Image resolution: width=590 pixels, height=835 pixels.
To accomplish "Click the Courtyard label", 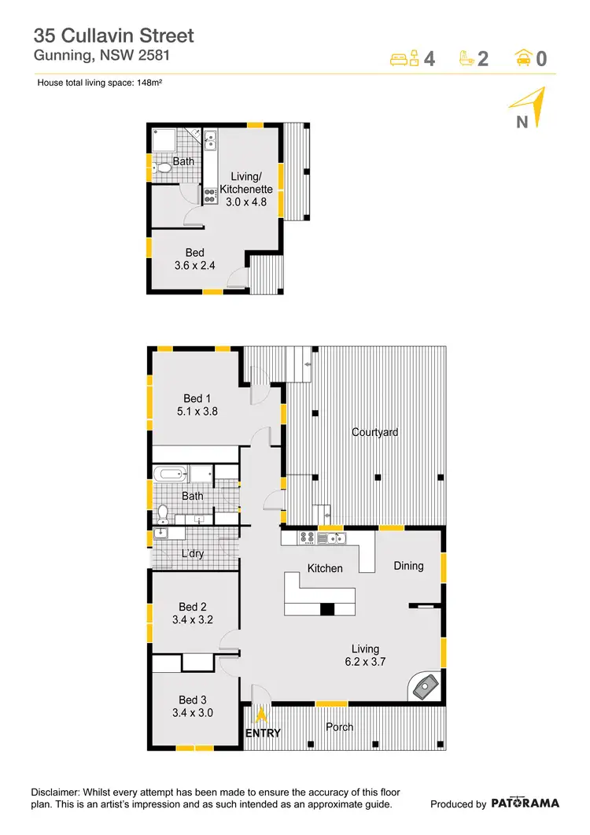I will pos(374,432).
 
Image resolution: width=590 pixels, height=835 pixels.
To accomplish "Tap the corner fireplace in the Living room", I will pos(426,687).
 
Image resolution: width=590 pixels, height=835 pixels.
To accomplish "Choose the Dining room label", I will pos(408,566).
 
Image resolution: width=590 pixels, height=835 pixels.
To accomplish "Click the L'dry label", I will pos(193,554).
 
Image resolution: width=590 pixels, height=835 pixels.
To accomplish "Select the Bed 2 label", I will pos(193,607).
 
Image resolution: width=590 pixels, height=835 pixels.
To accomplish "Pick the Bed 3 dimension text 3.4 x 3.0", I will pos(193,713).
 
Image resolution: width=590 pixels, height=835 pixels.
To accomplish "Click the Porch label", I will pos(340,726).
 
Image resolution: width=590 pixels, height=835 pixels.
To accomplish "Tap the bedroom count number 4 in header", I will pos(430,59).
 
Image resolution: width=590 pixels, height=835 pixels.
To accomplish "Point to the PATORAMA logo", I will pos(525,804).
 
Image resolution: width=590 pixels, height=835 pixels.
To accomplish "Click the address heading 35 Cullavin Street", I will pos(113,35).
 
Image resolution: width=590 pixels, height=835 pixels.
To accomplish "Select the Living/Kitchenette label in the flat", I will pos(246,183).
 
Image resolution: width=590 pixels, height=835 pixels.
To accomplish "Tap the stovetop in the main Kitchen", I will pos(306,538).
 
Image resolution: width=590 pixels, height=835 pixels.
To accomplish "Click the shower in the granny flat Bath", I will pos(166,141).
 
